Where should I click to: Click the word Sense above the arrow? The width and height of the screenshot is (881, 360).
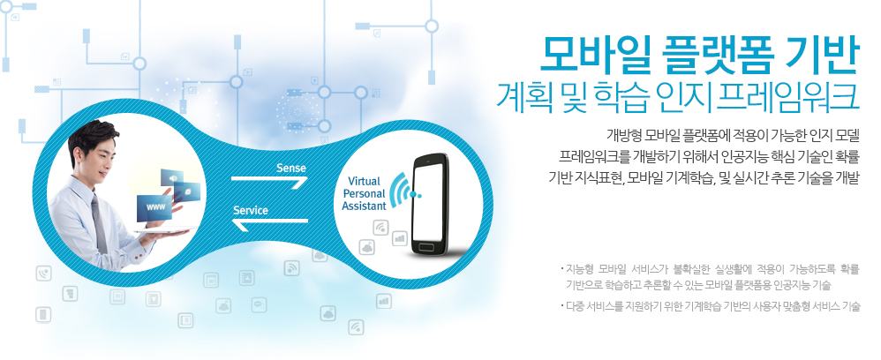[x=291, y=168]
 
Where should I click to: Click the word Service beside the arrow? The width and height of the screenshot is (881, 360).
[x=251, y=211]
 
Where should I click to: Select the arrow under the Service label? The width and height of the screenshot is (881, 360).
[x=270, y=224]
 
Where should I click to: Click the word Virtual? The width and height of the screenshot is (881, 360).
[x=364, y=182]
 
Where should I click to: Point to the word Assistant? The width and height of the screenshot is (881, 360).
[x=364, y=206]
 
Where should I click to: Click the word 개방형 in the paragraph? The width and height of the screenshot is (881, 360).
[x=623, y=135]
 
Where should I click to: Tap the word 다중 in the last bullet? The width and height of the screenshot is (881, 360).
[x=575, y=307]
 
